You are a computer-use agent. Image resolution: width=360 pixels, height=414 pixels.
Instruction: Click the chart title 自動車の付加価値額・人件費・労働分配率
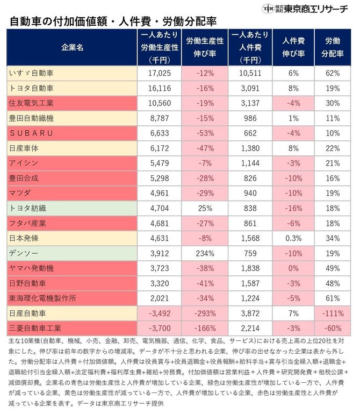coord(113,22)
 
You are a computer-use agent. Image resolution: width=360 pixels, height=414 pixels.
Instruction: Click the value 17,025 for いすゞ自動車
coord(159,72)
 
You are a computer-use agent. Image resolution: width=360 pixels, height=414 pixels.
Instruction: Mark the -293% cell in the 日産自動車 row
coord(205,312)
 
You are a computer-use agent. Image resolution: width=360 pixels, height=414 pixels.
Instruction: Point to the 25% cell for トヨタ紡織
coord(205,207)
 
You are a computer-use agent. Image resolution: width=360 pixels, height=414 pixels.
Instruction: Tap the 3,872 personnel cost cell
coord(250,312)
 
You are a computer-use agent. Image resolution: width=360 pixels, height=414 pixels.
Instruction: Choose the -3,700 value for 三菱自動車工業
coord(159,327)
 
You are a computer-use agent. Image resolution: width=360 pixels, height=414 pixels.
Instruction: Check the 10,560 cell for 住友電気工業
coord(159,102)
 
